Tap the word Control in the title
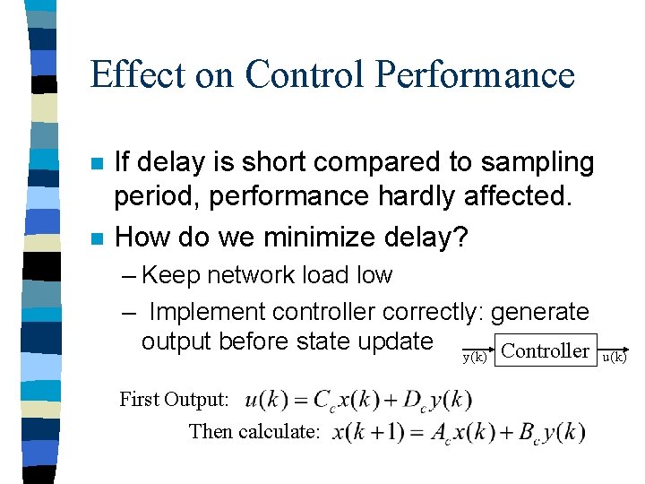(296, 73)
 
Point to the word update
(391, 341)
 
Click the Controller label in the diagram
(545, 350)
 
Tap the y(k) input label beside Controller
(474, 357)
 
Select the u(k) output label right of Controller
(614, 357)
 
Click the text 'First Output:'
(175, 400)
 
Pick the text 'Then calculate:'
(254, 432)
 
